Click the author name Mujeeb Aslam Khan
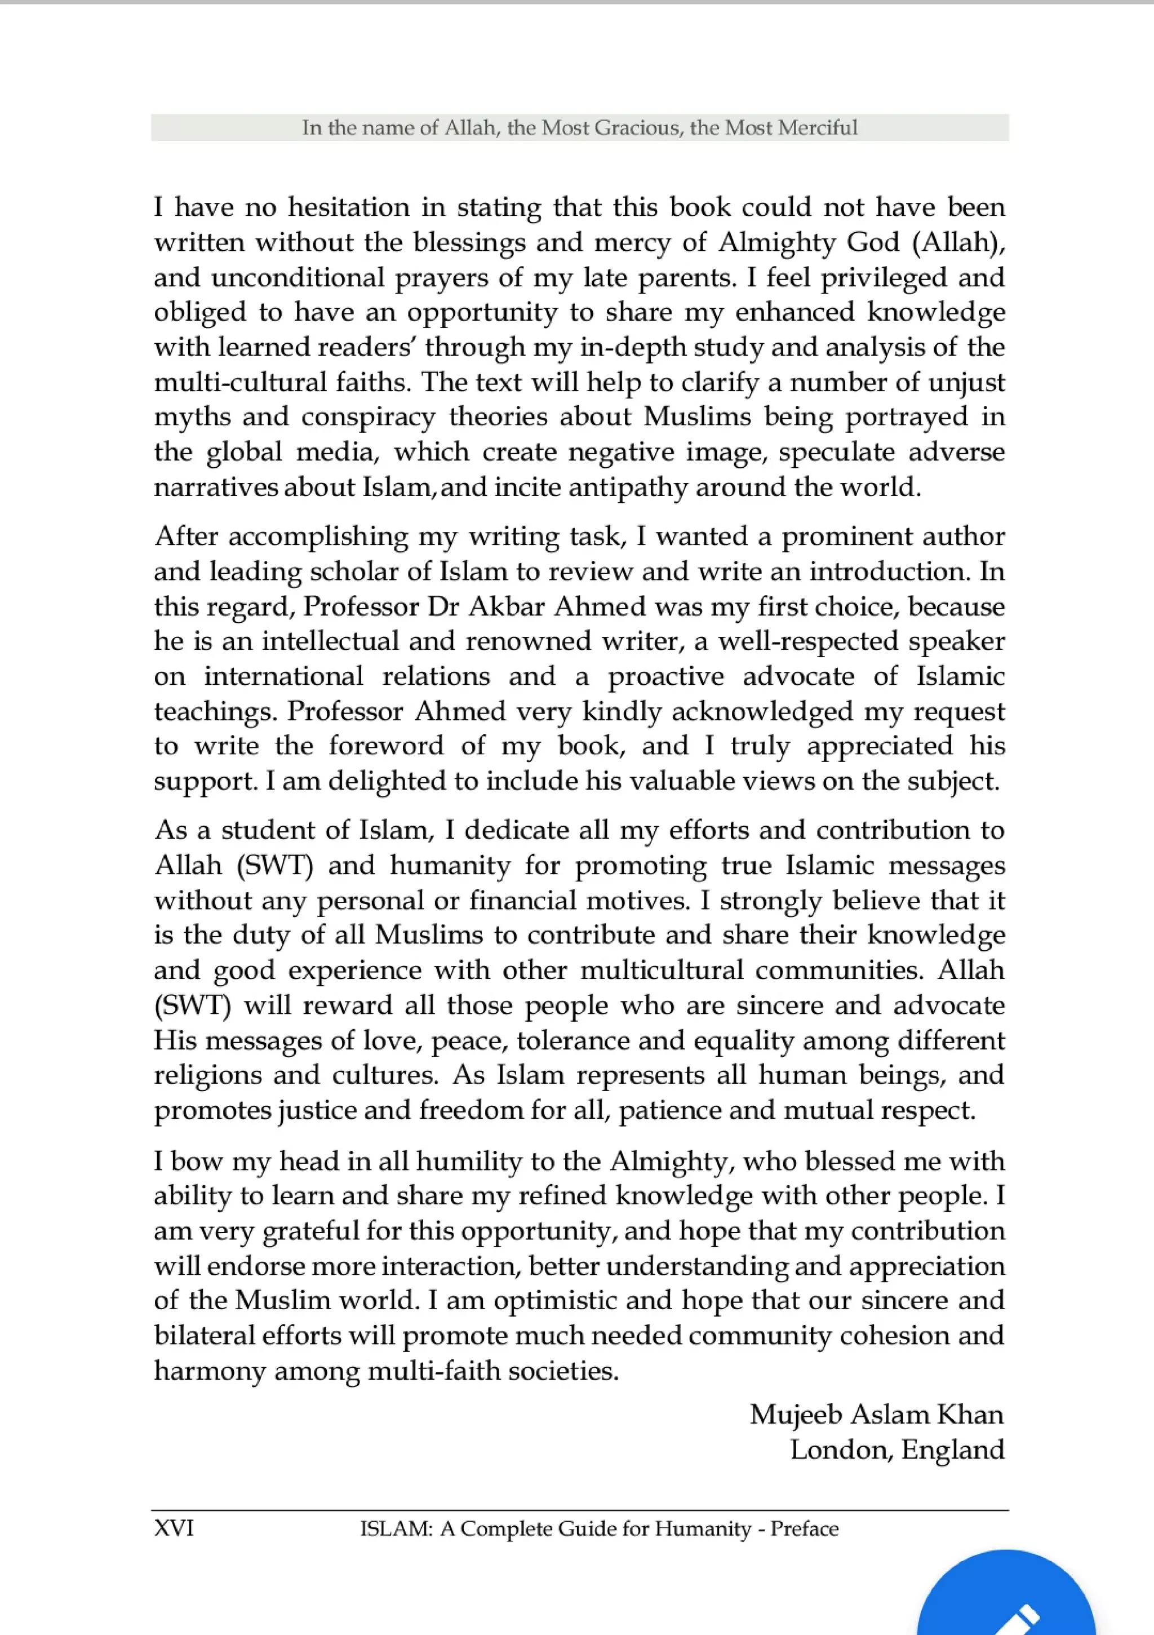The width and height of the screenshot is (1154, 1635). (876, 1414)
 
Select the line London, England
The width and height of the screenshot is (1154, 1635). (897, 1449)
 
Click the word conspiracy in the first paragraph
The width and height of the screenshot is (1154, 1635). (368, 417)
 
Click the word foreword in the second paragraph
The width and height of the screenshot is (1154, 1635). (386, 746)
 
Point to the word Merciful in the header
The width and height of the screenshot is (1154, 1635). (817, 128)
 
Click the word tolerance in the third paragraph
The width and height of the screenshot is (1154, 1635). (573, 1040)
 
